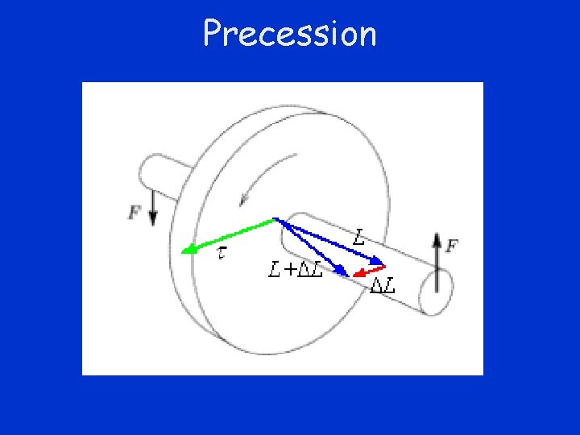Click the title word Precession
click(x=289, y=34)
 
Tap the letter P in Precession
click(x=213, y=33)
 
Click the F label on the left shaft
click(x=135, y=213)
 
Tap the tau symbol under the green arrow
click(x=222, y=254)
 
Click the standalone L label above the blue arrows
click(x=360, y=237)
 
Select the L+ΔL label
click(x=296, y=270)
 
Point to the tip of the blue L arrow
click(x=382, y=262)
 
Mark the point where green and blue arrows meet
click(x=275, y=218)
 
